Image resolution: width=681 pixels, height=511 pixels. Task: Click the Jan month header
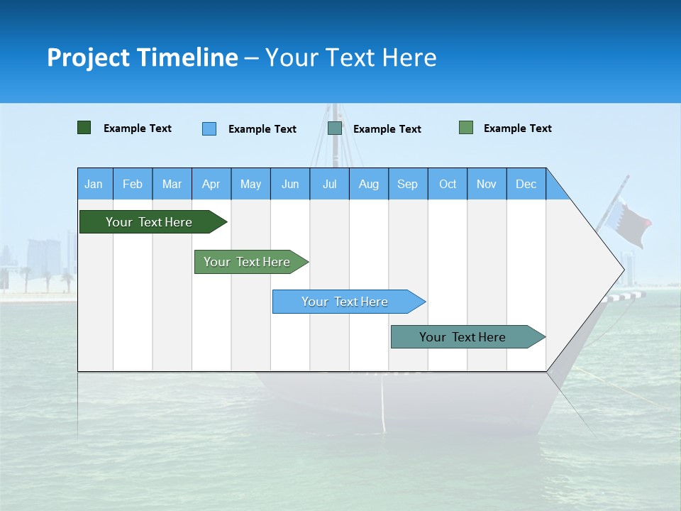pos(94,184)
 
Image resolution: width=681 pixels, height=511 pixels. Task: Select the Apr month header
pos(211,184)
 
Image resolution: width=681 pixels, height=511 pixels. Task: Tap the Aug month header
pos(369,184)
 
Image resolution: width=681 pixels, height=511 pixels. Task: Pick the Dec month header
pos(526,184)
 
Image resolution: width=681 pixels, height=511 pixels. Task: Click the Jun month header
pos(290,184)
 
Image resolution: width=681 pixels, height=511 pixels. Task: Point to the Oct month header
pos(448,184)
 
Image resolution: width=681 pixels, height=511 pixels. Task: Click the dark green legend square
pos(84,128)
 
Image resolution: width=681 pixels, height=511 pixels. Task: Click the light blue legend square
pos(209,128)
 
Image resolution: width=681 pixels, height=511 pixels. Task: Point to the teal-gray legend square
pos(335,128)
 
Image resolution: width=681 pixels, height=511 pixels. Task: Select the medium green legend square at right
pos(466,128)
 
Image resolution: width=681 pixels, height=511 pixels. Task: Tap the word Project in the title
pos(89,57)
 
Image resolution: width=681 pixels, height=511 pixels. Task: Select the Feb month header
pos(133,184)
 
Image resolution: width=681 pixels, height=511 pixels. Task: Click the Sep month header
pos(408,184)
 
